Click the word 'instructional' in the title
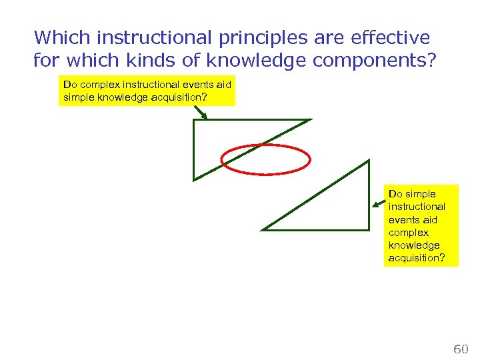(x=137, y=37)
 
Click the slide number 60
(x=461, y=349)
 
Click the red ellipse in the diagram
(x=266, y=159)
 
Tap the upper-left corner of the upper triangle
(x=194, y=121)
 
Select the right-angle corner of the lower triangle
(x=368, y=229)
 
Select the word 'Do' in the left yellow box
(x=69, y=85)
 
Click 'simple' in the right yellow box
(x=420, y=194)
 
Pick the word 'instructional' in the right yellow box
(x=417, y=207)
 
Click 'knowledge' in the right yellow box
(x=414, y=245)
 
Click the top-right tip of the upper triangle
(x=310, y=120)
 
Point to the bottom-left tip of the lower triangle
(x=263, y=229)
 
